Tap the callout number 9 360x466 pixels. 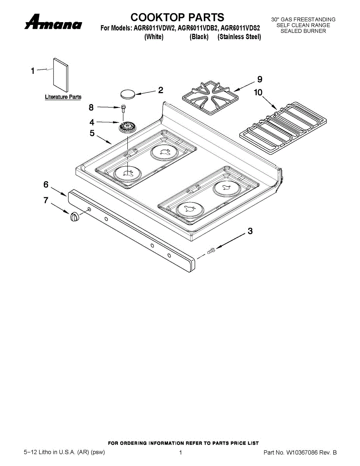point(259,79)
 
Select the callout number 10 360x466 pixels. point(258,92)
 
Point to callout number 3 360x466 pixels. point(250,231)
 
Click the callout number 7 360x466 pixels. point(46,200)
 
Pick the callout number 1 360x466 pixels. point(33,71)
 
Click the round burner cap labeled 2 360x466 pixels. point(127,94)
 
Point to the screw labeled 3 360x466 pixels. point(211,251)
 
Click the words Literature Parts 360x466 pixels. point(63,97)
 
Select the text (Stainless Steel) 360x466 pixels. point(239,37)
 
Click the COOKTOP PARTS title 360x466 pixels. point(177,17)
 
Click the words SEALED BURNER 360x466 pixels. point(303,31)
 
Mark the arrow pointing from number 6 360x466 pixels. point(59,192)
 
